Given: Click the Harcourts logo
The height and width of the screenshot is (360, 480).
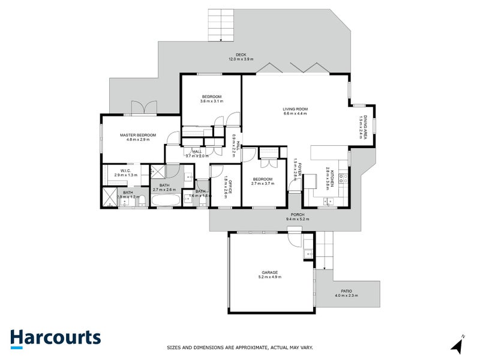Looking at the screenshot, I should pyautogui.click(x=55, y=338).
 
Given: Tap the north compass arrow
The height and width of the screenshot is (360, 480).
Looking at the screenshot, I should pyautogui.click(x=458, y=345).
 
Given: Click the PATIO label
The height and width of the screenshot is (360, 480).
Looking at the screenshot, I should pyautogui.click(x=346, y=292).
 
